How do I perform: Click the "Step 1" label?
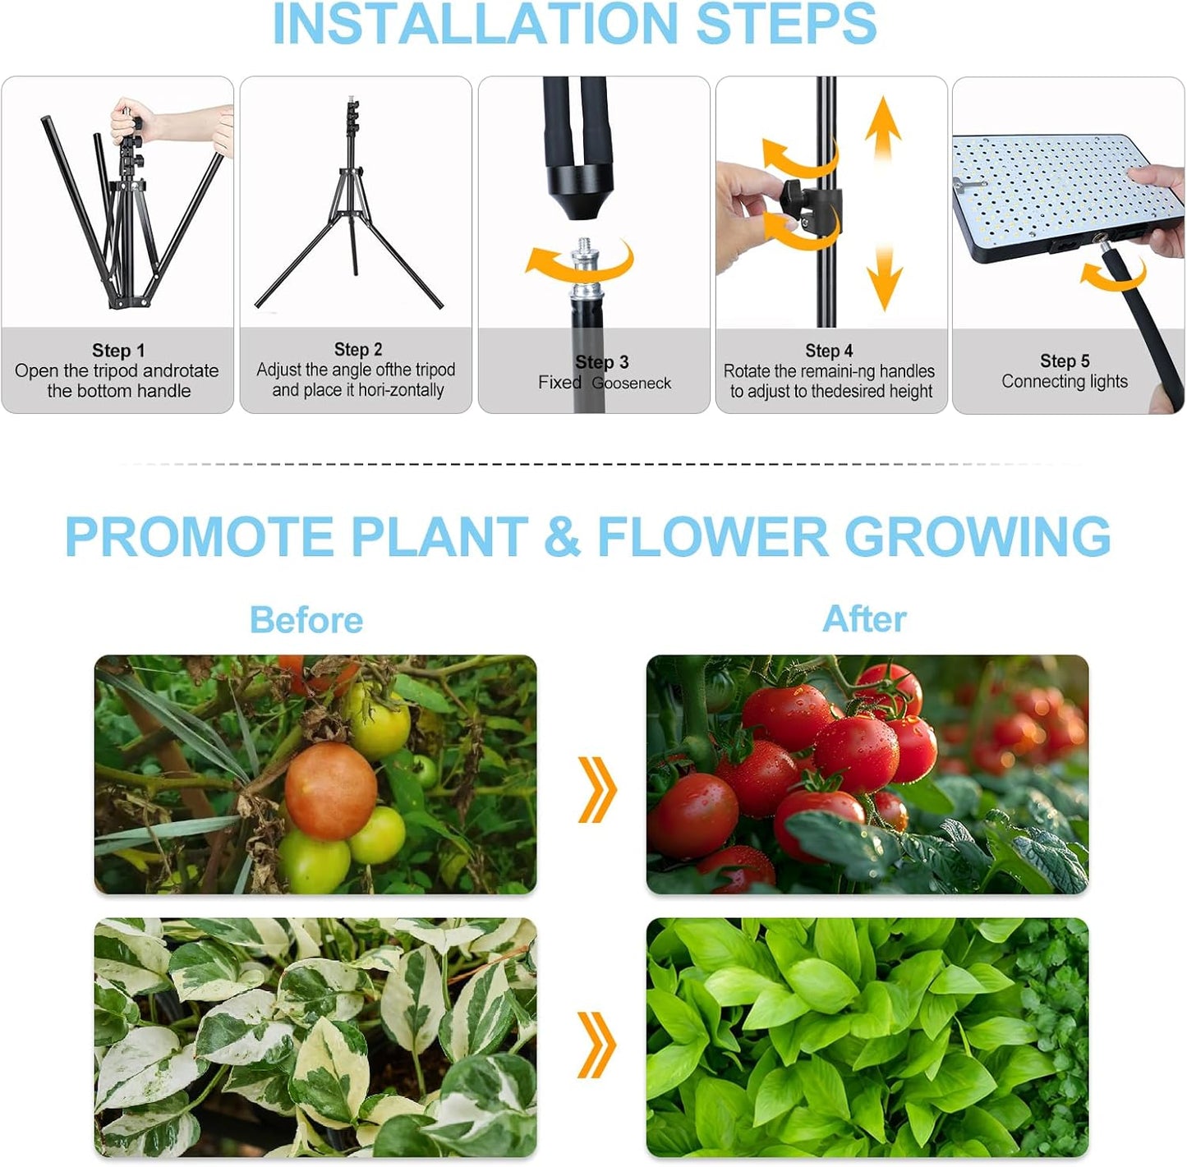pyautogui.click(x=118, y=351)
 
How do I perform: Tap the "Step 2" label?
pyautogui.click(x=358, y=350)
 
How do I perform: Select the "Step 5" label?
pyautogui.click(x=1065, y=361)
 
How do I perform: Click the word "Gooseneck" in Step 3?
pyautogui.click(x=631, y=384)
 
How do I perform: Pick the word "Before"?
pyautogui.click(x=306, y=620)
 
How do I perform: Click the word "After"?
pyautogui.click(x=865, y=618)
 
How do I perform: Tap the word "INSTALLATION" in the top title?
pyautogui.click(x=475, y=25)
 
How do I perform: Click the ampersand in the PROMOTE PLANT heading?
pyautogui.click(x=562, y=537)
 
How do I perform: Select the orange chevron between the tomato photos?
pyautogui.click(x=597, y=789)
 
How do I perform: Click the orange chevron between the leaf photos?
pyautogui.click(x=597, y=1045)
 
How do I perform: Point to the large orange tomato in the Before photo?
pyautogui.click(x=330, y=791)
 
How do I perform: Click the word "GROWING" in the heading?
pyautogui.click(x=978, y=537)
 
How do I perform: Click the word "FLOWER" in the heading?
pyautogui.click(x=712, y=537)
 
